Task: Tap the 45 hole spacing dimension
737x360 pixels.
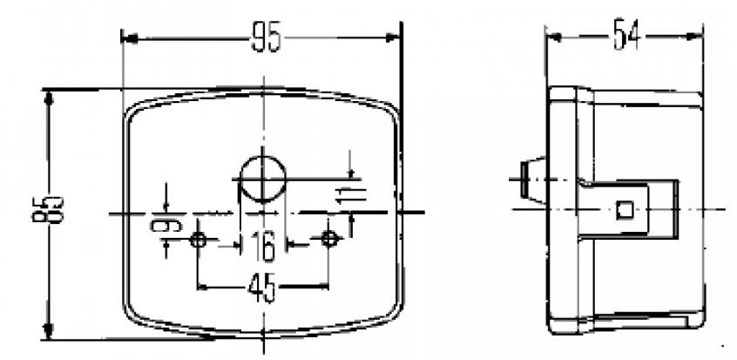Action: (262, 286)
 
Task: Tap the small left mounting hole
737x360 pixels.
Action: (199, 239)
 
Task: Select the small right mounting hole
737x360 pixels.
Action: (328, 239)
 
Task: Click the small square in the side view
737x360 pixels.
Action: (623, 210)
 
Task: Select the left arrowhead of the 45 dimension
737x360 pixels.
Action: (203, 286)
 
